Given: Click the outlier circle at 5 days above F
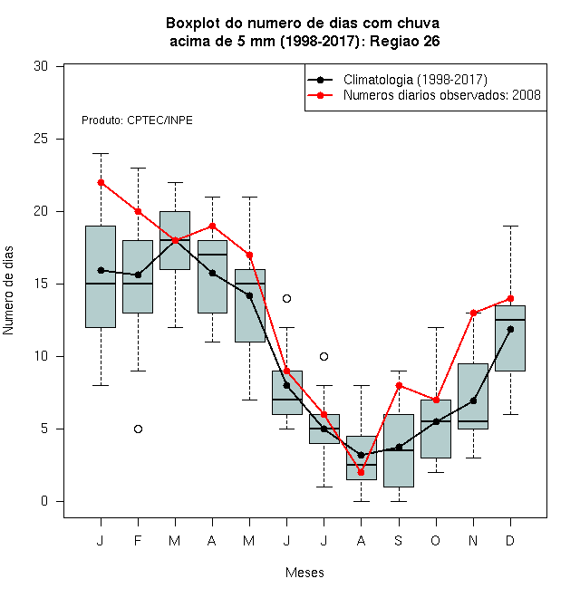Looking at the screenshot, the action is coord(138,429).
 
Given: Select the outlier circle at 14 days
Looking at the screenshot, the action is coord(287,299).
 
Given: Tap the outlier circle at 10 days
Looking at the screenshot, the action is coord(324,357).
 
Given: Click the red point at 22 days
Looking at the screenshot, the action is coord(101,183).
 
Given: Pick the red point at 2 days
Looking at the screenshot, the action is coord(361,473).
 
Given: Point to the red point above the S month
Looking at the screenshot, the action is coord(399,386).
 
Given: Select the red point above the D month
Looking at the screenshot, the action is coord(510,299).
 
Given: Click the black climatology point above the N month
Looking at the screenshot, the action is coord(474,400).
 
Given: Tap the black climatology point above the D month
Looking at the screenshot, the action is coord(510,329).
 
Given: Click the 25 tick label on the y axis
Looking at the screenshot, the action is coord(41,139).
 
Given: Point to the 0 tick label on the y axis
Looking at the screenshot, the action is coord(44,501).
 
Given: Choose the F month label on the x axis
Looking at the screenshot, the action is coord(138,540).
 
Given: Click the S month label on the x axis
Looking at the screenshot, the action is coord(399,540).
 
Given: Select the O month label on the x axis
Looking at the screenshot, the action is coord(435,540).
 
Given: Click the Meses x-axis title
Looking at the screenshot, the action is coord(304,573).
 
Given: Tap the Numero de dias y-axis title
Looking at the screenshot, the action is coord(8,291).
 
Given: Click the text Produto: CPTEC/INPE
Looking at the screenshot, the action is coord(137,121).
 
